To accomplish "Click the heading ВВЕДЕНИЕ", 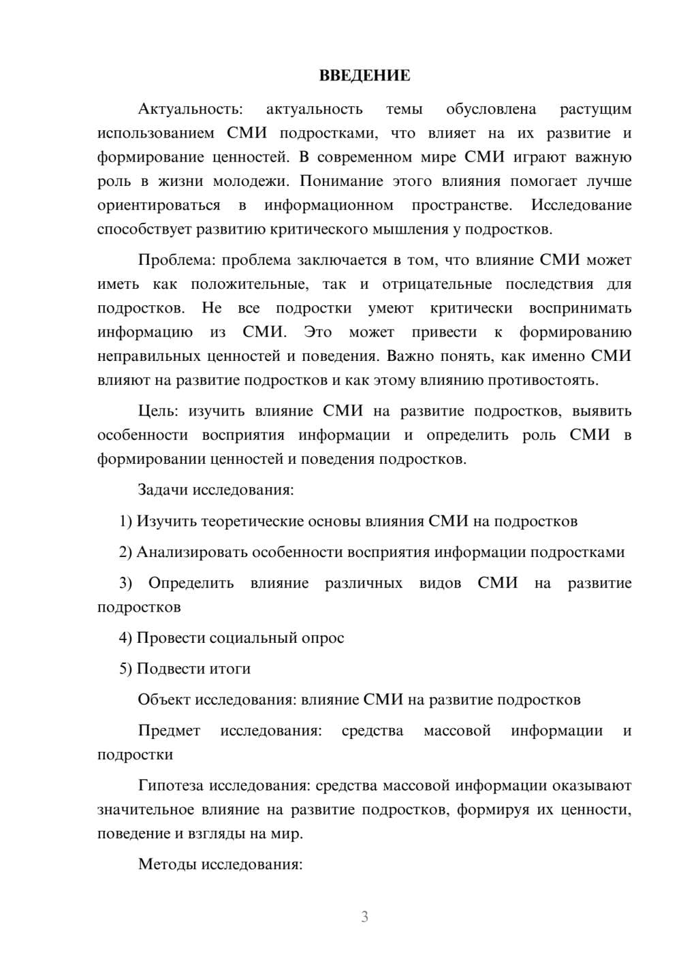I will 364,76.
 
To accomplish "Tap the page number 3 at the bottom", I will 364,917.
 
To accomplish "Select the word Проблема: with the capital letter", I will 177,260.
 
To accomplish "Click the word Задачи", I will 163,490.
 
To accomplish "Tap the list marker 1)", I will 126,522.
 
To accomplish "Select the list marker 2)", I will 126,552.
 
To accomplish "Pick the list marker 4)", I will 126,638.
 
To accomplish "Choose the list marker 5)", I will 126,669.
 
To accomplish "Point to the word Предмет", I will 169,731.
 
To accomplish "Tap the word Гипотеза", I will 171,786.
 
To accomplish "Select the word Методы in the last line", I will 164,865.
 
